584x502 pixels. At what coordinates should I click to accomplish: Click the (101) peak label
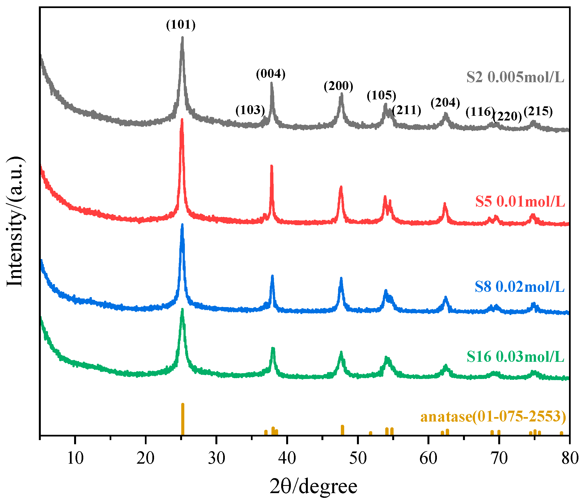tap(181, 25)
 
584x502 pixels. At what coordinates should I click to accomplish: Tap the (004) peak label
tap(271, 74)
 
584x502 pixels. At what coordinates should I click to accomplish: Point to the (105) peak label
tap(381, 95)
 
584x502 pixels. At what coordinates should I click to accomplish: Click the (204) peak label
tap(445, 103)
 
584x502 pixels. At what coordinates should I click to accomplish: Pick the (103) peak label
tap(250, 110)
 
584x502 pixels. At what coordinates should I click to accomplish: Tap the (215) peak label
tap(538, 111)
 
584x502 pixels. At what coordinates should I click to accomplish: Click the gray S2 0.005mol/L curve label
tap(515, 77)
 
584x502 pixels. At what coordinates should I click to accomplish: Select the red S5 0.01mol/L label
tap(520, 202)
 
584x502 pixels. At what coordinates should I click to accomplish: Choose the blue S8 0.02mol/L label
tap(519, 287)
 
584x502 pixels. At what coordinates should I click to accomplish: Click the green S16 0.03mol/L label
tap(515, 357)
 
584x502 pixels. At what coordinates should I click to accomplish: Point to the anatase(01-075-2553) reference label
tap(493, 416)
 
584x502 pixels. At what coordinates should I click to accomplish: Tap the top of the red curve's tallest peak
tap(182, 119)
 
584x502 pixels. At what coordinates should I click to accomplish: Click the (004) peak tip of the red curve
tap(272, 166)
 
